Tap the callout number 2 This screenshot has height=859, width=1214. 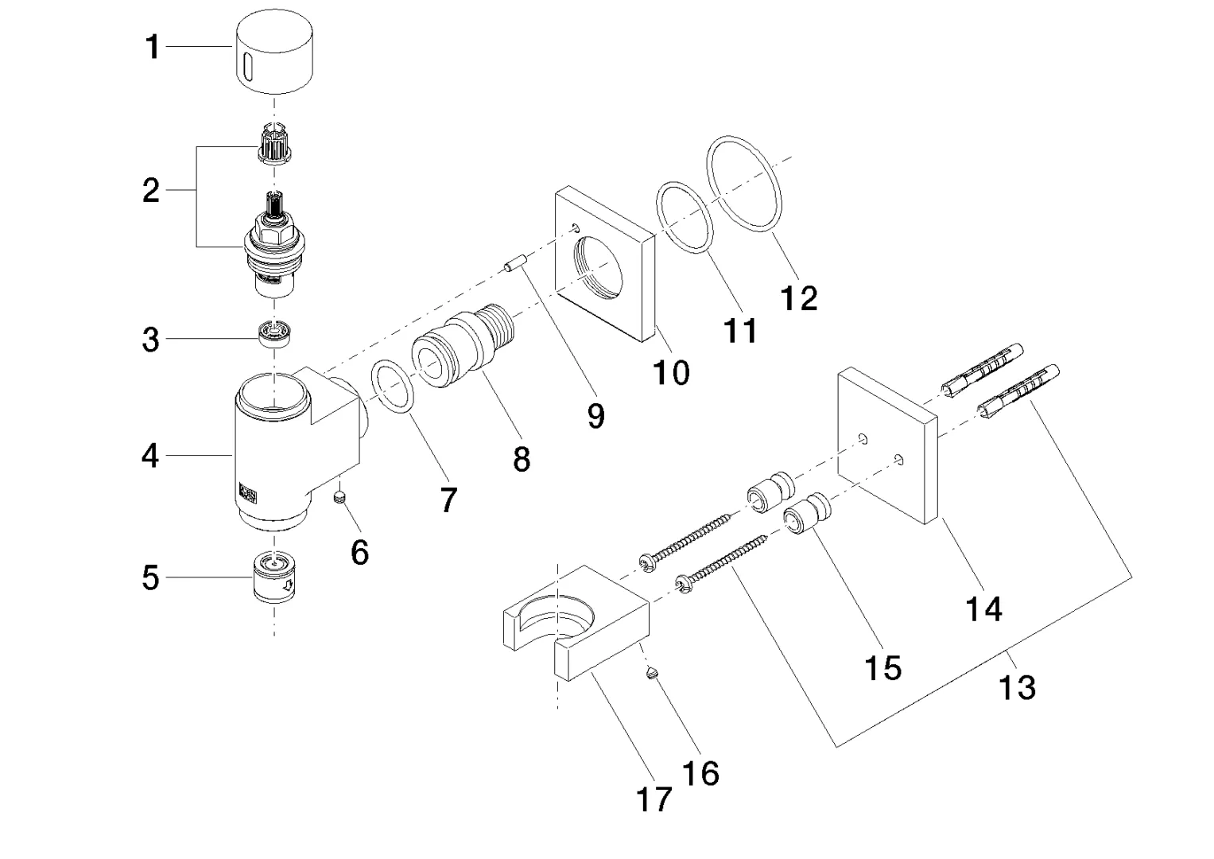[151, 191]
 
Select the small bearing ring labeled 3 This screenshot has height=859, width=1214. [275, 332]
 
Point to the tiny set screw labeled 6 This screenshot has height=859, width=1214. [341, 498]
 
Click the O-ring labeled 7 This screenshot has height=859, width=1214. [393, 387]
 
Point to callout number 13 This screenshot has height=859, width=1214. [1018, 686]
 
